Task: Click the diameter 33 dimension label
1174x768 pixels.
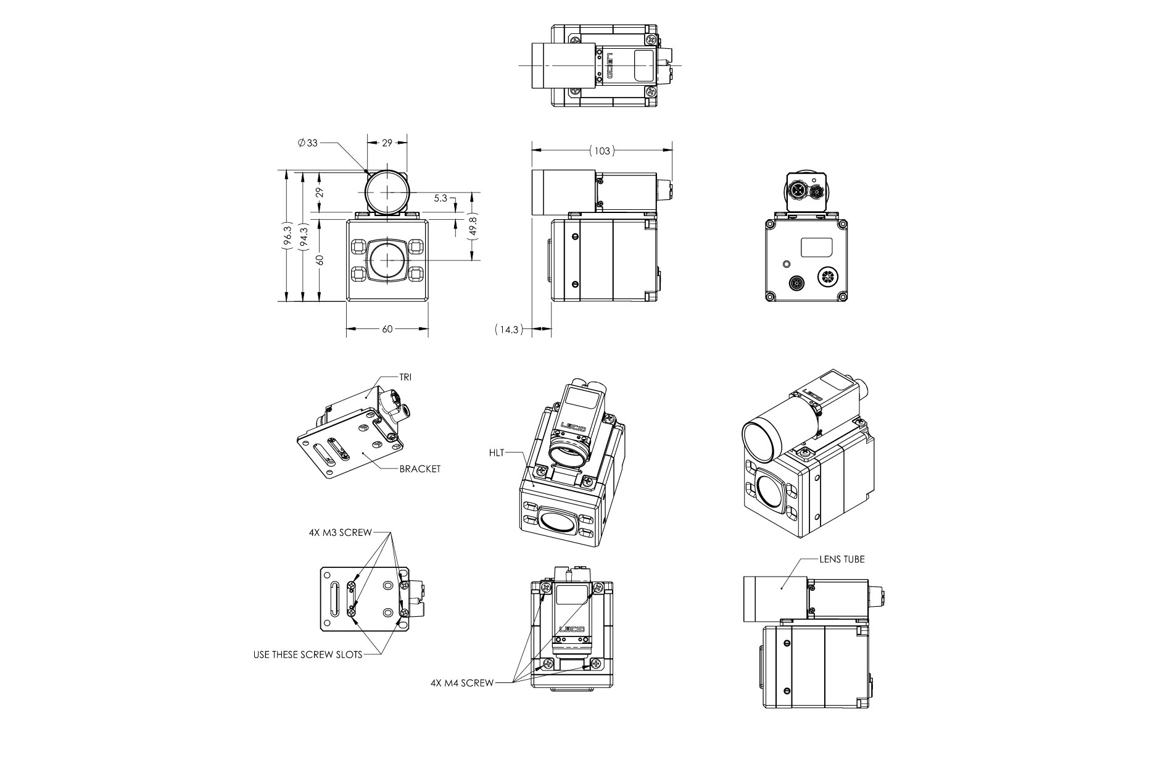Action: click(x=307, y=143)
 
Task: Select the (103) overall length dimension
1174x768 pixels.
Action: click(x=601, y=150)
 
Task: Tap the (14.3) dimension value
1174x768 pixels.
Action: click(x=509, y=330)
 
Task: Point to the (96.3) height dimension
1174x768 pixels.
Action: click(x=287, y=235)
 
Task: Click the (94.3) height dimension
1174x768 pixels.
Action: click(x=303, y=235)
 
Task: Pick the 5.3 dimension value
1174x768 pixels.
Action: click(x=440, y=198)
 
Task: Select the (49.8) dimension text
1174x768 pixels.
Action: click(x=473, y=228)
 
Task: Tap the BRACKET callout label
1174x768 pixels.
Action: click(x=420, y=469)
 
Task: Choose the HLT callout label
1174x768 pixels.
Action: click(x=497, y=453)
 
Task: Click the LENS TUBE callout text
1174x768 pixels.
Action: click(x=842, y=559)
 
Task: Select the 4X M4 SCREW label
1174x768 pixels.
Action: click(x=462, y=683)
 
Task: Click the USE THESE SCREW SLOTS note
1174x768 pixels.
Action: click(x=308, y=654)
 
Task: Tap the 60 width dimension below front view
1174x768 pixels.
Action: click(x=387, y=329)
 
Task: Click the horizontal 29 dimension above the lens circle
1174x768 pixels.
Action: click(x=387, y=143)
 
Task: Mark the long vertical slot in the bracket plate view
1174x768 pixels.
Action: click(x=334, y=599)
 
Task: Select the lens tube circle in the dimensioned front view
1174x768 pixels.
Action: click(x=386, y=191)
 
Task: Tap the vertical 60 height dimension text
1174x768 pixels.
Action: click(x=320, y=260)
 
